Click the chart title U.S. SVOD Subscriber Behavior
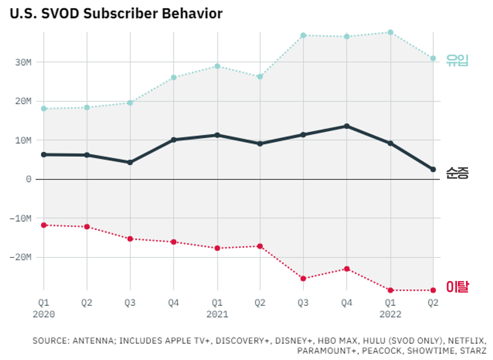(116, 14)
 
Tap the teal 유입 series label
(458, 61)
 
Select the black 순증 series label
(458, 173)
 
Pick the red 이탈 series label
(458, 287)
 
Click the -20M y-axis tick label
(20, 257)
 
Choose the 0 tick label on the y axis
(28, 179)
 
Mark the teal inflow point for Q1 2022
(390, 32)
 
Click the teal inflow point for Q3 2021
(303, 35)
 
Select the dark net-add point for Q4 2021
(347, 126)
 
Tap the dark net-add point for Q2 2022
(433, 169)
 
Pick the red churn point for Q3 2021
(303, 278)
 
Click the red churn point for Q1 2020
(44, 225)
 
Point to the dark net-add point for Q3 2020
(130, 162)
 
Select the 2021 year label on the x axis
(217, 314)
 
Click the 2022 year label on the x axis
(390, 314)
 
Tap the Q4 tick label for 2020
(173, 303)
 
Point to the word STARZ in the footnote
(474, 351)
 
